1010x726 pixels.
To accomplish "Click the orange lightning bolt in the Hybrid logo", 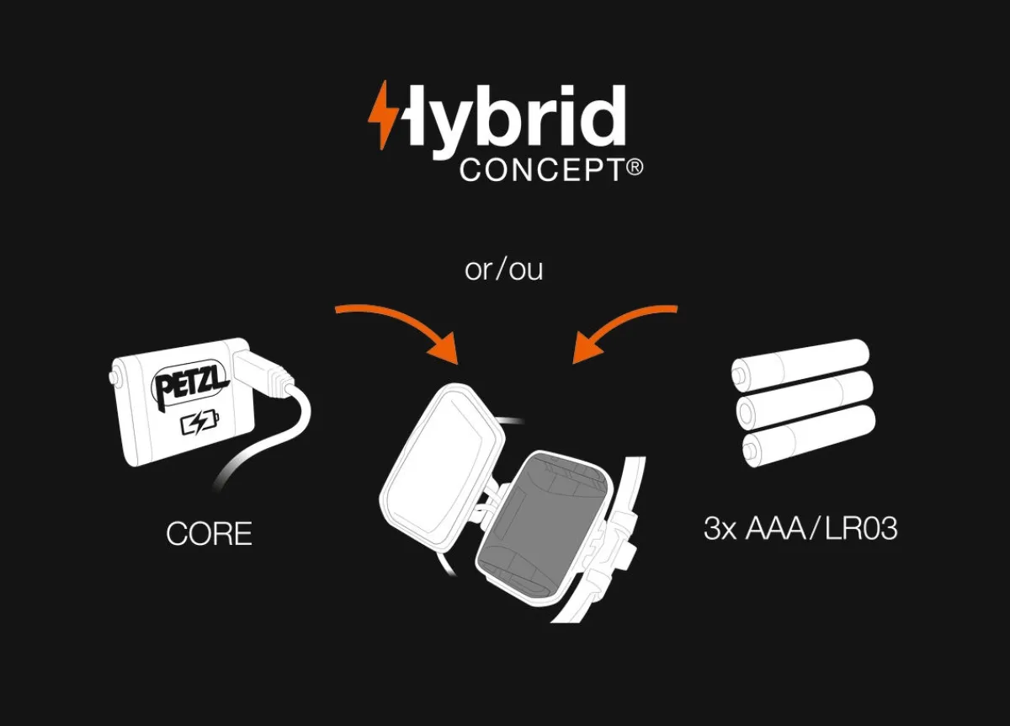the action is point(382,115).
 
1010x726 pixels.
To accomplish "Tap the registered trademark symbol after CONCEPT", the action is point(635,168).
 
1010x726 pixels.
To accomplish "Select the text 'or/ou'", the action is point(503,270).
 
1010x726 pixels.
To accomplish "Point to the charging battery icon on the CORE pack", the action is point(199,424).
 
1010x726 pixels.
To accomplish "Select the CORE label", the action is point(209,533).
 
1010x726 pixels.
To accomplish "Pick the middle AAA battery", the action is point(805,399).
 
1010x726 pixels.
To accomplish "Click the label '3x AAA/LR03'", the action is point(800,528).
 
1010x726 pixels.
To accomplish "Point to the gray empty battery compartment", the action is point(544,528).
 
